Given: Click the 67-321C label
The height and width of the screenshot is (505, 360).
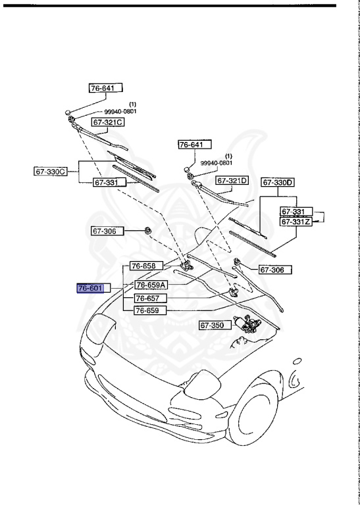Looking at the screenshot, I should pos(108,122).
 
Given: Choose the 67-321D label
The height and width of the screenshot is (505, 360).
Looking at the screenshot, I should pos(232,180).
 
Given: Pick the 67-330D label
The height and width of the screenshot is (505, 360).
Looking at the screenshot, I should pos(278,182).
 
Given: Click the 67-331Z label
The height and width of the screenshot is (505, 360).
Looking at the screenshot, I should pos(296,222).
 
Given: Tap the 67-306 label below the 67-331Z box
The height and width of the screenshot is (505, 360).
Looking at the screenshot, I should pos(274,269).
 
